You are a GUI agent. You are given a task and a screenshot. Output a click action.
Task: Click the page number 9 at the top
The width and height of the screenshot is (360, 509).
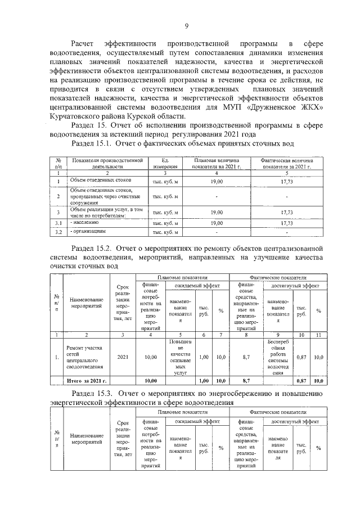186,25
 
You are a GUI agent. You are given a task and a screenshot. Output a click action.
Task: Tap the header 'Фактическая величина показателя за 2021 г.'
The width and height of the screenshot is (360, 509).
286,163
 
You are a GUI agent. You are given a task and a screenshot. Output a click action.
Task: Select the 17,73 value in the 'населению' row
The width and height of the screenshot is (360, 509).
286,223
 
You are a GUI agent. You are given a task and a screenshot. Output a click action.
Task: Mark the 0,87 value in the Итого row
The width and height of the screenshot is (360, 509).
301,381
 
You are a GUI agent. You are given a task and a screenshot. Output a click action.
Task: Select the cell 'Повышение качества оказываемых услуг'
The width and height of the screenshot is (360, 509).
181,357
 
